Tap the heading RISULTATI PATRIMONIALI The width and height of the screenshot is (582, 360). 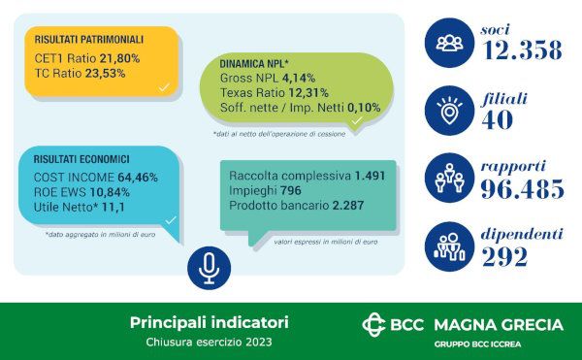point(88,40)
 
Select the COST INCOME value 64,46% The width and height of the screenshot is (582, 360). point(136,179)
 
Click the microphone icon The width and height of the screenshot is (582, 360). point(209,268)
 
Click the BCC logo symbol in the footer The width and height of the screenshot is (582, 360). point(373,324)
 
